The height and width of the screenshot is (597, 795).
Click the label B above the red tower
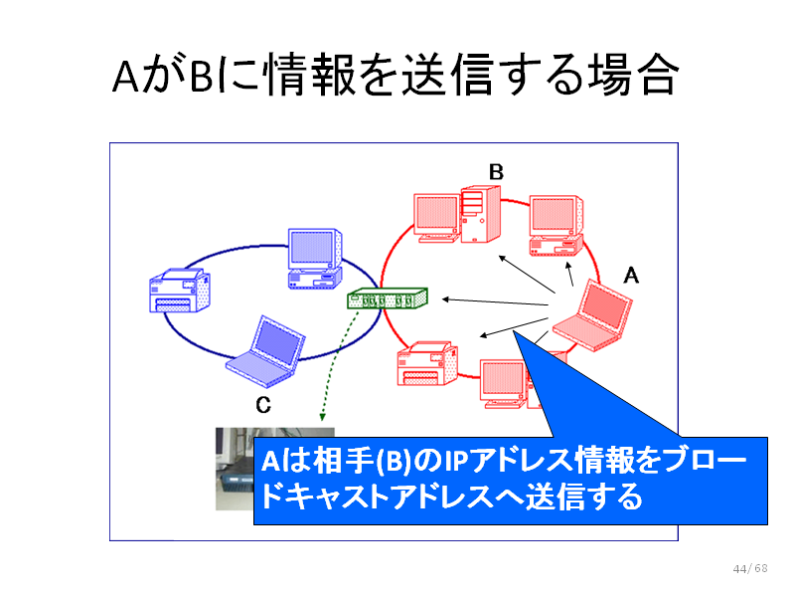[496, 172]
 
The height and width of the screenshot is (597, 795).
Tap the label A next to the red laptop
[631, 276]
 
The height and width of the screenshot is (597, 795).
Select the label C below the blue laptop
[263, 405]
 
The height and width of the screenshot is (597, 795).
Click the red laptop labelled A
[592, 315]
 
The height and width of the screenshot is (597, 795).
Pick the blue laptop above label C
[265, 352]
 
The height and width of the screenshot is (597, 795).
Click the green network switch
[388, 298]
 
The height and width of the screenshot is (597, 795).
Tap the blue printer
[180, 291]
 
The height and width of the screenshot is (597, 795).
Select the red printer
[427, 363]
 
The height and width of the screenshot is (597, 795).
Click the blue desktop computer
[315, 259]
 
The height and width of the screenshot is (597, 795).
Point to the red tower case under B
[480, 214]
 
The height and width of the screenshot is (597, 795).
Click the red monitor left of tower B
[436, 218]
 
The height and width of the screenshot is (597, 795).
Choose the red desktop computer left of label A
[556, 226]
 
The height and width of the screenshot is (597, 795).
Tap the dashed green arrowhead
[322, 417]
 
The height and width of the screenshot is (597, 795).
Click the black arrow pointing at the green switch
[495, 302]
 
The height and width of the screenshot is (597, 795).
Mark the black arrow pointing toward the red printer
[514, 327]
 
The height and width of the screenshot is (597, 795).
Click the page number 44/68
[750, 568]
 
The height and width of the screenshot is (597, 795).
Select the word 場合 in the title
[633, 76]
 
